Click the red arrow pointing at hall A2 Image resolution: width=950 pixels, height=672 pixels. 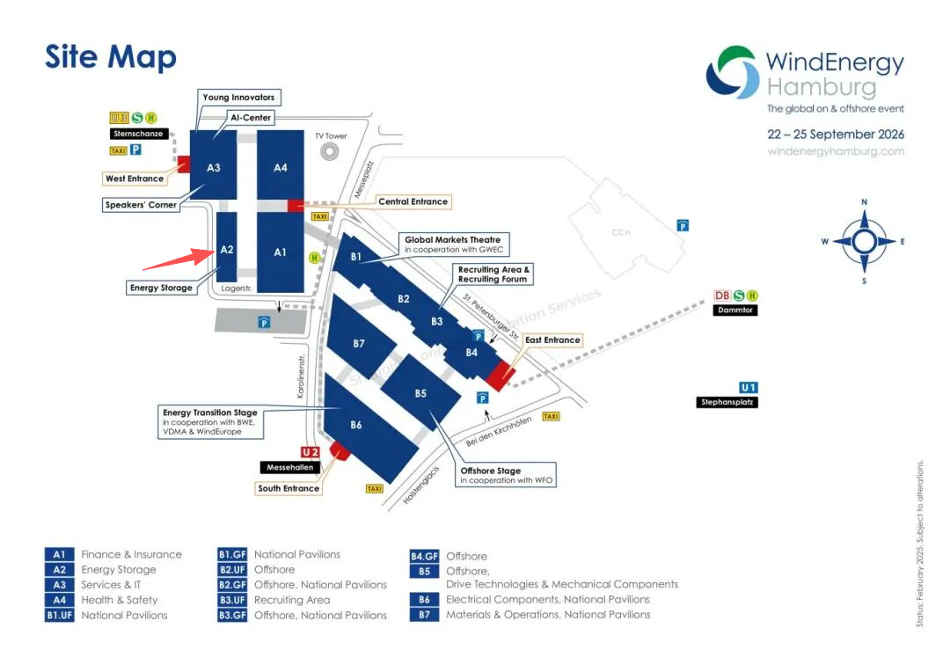[x=176, y=259]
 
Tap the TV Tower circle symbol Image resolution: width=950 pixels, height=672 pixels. [x=331, y=152]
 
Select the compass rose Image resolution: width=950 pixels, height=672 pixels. [x=864, y=241]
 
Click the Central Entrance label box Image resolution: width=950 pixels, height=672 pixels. [x=413, y=201]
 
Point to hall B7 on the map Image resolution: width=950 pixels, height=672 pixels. [x=359, y=344]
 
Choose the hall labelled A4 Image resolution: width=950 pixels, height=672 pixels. [x=280, y=167]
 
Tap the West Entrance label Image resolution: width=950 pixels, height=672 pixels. [x=135, y=179]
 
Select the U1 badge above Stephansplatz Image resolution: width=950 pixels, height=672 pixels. [x=749, y=387]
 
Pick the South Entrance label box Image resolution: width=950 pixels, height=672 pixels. [x=289, y=488]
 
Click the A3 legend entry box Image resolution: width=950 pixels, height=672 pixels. [x=60, y=585]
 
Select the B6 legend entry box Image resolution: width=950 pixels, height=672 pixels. [x=424, y=600]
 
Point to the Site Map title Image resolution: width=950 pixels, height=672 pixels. [x=111, y=57]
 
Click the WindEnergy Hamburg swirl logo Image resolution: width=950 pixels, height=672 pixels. [x=732, y=72]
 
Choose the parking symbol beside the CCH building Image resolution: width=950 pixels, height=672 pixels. [x=683, y=225]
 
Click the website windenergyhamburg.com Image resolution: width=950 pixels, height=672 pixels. [x=836, y=151]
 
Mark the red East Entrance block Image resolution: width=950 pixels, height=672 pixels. [x=499, y=376]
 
